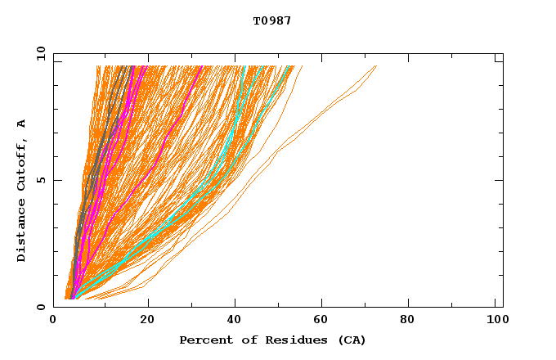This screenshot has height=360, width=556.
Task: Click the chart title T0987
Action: pos(272,21)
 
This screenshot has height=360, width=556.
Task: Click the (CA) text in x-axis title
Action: pos(350,340)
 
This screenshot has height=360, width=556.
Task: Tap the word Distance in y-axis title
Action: pos(22,230)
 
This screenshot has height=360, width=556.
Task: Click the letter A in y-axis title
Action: pos(22,124)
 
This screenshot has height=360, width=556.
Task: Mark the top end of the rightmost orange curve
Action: pos(376,66)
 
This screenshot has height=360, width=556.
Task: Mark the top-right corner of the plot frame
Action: pos(503,54)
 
